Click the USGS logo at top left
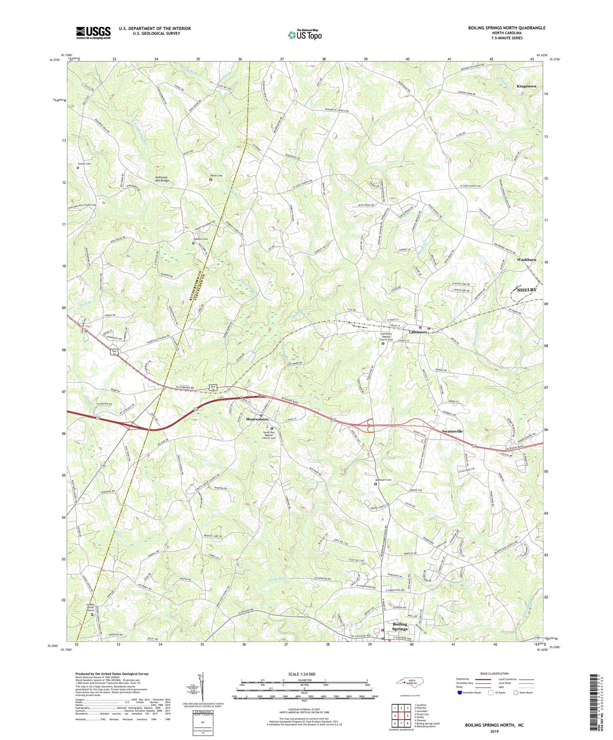pyautogui.click(x=93, y=33)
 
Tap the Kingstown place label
pyautogui.click(x=526, y=86)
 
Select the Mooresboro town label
pyautogui.click(x=257, y=419)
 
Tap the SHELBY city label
pyautogui.click(x=526, y=290)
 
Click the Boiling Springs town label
pyautogui.click(x=400, y=626)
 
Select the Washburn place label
pyautogui.click(x=526, y=259)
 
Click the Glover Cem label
pyautogui.click(x=84, y=164)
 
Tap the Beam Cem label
pyautogui.click(x=216, y=175)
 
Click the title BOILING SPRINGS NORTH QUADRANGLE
pyautogui.click(x=507, y=28)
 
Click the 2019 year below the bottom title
pyautogui.click(x=494, y=732)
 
